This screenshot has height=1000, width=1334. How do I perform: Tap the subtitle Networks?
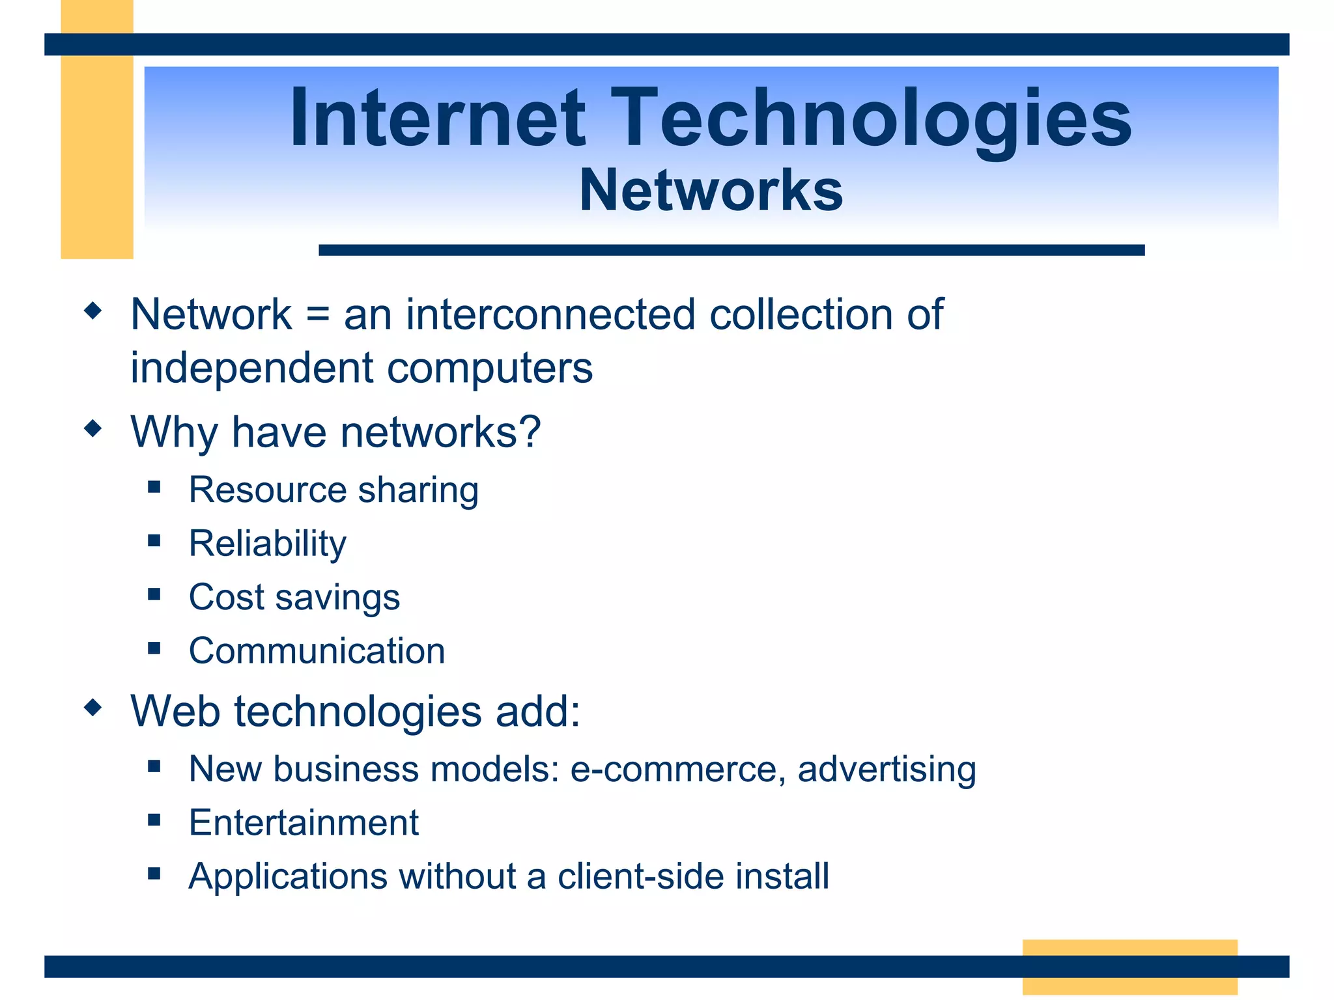tap(711, 190)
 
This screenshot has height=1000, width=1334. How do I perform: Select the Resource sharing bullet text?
tap(333, 490)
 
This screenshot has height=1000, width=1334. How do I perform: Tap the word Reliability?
tap(268, 544)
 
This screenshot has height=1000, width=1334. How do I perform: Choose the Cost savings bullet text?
tap(294, 597)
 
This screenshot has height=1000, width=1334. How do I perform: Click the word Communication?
tap(317, 650)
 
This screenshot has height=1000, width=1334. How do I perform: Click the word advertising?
tap(887, 769)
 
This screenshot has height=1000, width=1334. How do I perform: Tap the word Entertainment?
tap(304, 822)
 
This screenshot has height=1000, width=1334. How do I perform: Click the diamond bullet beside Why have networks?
tap(93, 428)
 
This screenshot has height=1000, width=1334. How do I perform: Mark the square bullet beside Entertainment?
tap(154, 820)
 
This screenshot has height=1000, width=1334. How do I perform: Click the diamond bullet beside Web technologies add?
tap(93, 707)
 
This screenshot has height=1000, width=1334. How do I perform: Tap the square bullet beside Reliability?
tap(154, 540)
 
